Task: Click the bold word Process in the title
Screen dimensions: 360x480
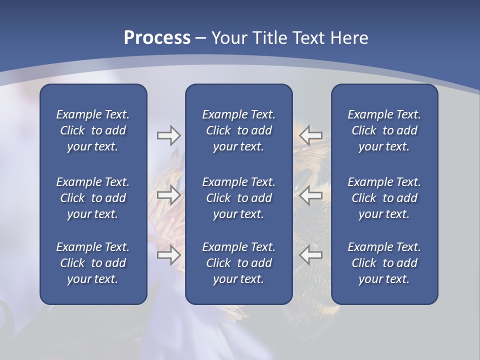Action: coord(157,38)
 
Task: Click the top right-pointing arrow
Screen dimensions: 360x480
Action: coord(168,135)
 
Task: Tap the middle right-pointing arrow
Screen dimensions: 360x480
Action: coord(168,195)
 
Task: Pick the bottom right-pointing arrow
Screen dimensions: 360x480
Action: coord(168,255)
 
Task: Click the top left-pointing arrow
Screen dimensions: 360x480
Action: coord(311,135)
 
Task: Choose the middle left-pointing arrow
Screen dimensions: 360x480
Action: coord(311,195)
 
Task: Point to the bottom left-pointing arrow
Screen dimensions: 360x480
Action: coord(311,255)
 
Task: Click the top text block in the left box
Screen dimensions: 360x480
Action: coord(93,130)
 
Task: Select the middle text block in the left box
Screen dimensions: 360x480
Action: coord(93,198)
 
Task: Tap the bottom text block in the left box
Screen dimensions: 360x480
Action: coord(93,263)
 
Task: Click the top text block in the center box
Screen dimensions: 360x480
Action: coord(238,130)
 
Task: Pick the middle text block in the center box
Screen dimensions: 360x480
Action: coord(238,198)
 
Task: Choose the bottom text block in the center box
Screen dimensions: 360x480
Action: coord(238,263)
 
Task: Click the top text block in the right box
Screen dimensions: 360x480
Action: coord(384,130)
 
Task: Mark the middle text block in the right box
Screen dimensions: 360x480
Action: coord(384,198)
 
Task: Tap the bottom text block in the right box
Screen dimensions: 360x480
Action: coord(384,263)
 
